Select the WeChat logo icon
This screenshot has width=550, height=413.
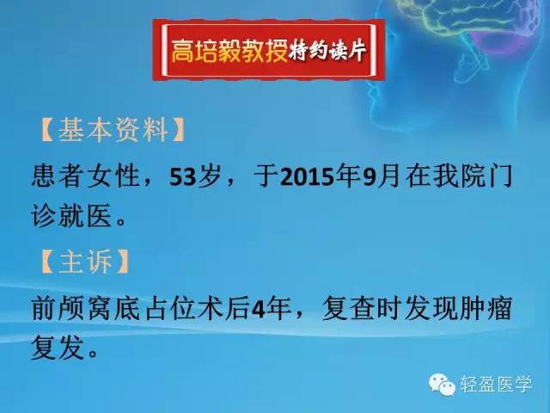pyautogui.click(x=443, y=384)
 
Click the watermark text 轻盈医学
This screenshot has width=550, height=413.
pyautogui.click(x=498, y=384)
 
